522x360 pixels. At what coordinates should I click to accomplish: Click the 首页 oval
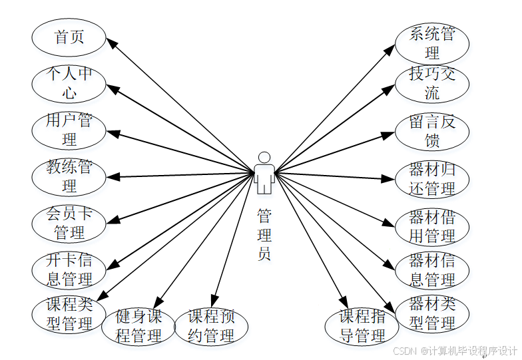pos(69,37)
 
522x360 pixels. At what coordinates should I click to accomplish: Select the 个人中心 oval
pos(69,83)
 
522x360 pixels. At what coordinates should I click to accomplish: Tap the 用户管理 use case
pos(69,130)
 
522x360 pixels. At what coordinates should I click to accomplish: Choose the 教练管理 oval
pos(69,176)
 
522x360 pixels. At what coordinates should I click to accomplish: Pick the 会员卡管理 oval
pos(69,223)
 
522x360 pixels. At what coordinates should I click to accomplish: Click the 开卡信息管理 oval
pos(69,270)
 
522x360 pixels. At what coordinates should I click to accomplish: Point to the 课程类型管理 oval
pos(69,314)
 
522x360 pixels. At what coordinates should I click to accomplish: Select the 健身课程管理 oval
pos(138,326)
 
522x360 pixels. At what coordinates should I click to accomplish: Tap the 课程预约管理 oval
pos(211,326)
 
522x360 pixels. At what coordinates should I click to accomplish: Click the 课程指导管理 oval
pos(362,326)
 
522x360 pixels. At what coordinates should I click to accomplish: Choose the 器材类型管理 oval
pos(432,314)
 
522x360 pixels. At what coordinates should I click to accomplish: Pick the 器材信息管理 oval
pos(432,270)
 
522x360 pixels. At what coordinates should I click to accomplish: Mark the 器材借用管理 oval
pos(432,226)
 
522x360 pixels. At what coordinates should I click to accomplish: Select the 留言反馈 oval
pos(432,131)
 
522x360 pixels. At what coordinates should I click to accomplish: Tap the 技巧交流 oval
pos(432,83)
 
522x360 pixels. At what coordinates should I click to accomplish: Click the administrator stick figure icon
pos(264,173)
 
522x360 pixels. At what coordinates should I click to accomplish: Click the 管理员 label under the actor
pos(264,234)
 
